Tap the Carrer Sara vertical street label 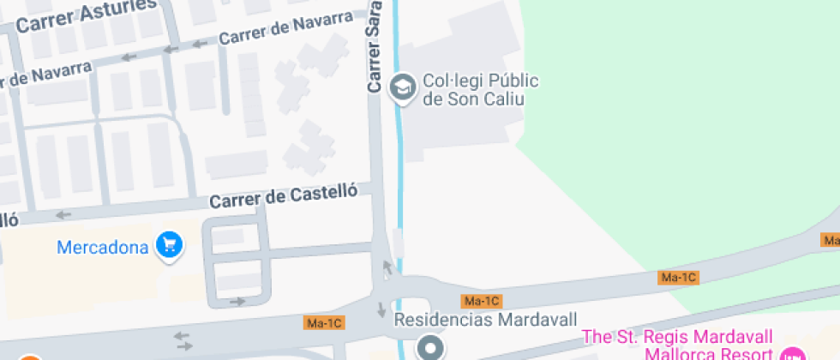click(374, 47)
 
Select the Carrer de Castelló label click(283, 197)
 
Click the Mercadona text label click(103, 248)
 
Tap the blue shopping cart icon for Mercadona click(169, 246)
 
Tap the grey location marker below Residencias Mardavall click(429, 347)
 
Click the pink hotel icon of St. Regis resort click(793, 354)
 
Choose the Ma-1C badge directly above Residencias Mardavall click(481, 301)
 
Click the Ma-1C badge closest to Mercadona click(325, 323)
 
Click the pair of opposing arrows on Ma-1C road click(183, 341)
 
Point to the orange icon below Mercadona click(30, 357)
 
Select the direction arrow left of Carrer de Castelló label click(63, 215)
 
